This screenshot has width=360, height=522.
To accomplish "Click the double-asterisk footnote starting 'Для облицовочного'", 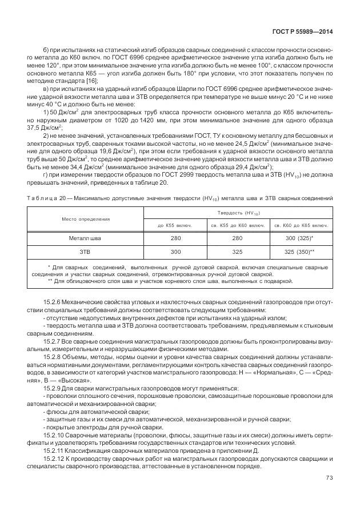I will [x=171, y=281].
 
